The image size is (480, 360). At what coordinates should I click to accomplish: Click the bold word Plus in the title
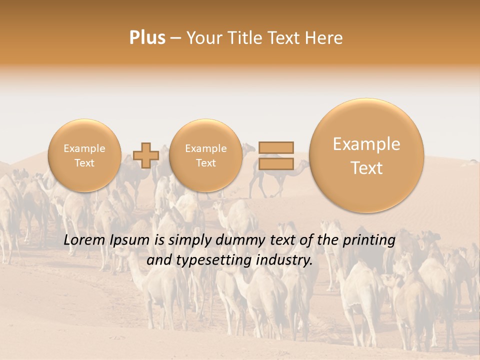coord(147,38)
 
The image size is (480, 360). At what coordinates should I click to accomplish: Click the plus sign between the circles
coord(146,155)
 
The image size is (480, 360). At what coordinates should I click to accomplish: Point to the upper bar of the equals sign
coord(275,147)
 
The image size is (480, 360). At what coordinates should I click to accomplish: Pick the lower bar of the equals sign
coord(275,163)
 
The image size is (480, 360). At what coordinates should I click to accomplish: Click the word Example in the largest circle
coord(366,144)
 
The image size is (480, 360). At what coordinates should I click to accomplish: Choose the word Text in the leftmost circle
coord(84,163)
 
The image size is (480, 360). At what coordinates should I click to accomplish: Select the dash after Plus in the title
coord(175,38)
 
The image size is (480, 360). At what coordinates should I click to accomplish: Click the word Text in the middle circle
coord(205,163)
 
